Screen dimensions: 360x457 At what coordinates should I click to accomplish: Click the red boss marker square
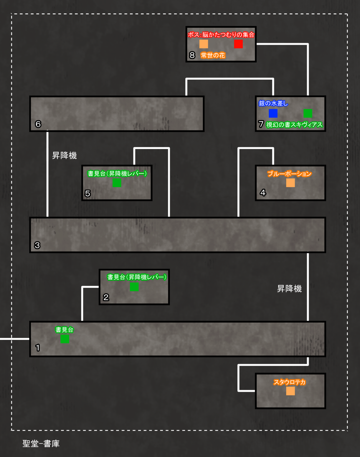click(x=238, y=44)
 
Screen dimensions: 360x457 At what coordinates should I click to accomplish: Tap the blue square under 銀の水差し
click(x=273, y=113)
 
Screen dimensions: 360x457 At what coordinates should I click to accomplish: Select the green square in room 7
click(x=308, y=113)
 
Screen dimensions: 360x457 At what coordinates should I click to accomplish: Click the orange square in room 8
click(x=204, y=44)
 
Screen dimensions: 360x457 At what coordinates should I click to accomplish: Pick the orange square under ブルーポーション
click(x=290, y=183)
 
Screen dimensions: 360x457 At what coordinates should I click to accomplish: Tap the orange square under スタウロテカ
click(x=290, y=391)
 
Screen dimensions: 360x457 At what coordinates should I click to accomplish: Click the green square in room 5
click(x=117, y=183)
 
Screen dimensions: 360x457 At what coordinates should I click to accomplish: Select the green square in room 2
click(x=134, y=287)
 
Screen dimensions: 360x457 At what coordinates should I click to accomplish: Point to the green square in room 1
click(x=65, y=339)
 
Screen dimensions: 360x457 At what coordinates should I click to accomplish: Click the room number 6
click(x=38, y=124)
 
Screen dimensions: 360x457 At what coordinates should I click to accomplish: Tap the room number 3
click(x=37, y=245)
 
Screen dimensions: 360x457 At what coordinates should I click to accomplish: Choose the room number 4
click(x=263, y=192)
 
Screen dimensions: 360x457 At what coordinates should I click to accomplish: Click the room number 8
click(x=192, y=55)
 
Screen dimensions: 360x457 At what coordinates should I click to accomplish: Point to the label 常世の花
click(x=213, y=55)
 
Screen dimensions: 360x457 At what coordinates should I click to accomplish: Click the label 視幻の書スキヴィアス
click(x=294, y=125)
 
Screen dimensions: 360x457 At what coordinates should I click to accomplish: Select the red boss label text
click(x=221, y=35)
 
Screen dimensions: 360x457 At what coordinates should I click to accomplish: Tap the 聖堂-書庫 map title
click(x=41, y=443)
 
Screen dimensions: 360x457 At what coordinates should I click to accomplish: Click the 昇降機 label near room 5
click(x=64, y=155)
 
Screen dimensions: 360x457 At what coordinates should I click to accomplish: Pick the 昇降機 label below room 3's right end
click(x=289, y=288)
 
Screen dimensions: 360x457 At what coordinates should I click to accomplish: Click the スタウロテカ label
click(x=289, y=382)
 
